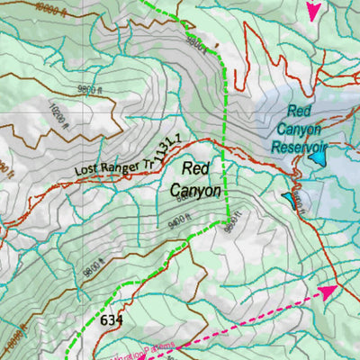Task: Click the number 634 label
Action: coord(112,319)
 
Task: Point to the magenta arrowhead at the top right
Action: coord(313,11)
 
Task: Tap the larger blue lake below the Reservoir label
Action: coord(318,158)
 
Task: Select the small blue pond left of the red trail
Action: coord(288,197)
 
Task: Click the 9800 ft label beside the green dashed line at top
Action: coord(193,40)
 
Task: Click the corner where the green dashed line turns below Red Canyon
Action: coord(225,218)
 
